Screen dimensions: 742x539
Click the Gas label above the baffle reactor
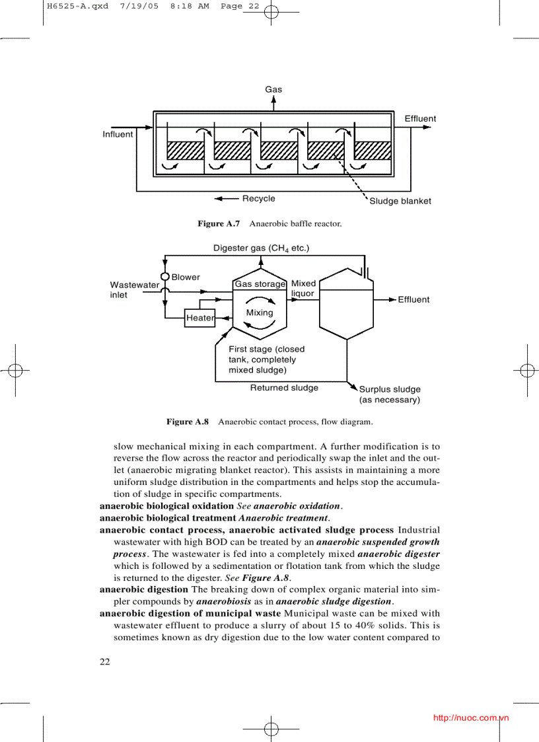pyautogui.click(x=273, y=89)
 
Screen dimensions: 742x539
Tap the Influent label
pyautogui.click(x=118, y=134)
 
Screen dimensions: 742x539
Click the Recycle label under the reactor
pyautogui.click(x=258, y=198)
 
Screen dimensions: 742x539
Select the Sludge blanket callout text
pyautogui.click(x=400, y=201)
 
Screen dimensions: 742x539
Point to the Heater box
pyautogui.click(x=200, y=318)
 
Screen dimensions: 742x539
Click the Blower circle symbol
pyautogui.click(x=165, y=277)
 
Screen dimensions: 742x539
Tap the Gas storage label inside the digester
pyautogui.click(x=260, y=284)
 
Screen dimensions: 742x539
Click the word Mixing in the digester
pyautogui.click(x=259, y=313)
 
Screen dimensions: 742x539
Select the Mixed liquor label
pyautogui.click(x=303, y=288)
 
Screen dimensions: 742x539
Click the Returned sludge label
pyautogui.click(x=284, y=388)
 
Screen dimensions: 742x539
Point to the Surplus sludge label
pyautogui.click(x=390, y=394)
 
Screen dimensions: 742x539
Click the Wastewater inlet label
pyautogui.click(x=134, y=289)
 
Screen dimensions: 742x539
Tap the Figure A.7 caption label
pyautogui.click(x=219, y=224)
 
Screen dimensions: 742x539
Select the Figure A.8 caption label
pyautogui.click(x=188, y=422)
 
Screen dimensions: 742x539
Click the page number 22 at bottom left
pyautogui.click(x=105, y=662)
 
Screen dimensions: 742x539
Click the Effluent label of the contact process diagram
pyautogui.click(x=413, y=299)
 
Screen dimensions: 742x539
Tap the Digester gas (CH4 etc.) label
pyautogui.click(x=261, y=248)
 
